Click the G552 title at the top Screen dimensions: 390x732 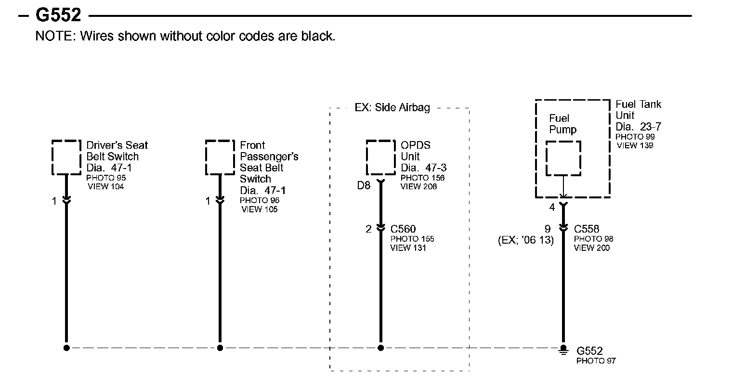pos(58,15)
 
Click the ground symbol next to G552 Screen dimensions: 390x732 pos(562,350)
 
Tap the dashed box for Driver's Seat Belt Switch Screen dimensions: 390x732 pos(66,157)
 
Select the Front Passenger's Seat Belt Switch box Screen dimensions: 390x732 pos(220,157)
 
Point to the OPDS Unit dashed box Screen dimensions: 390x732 pos(381,157)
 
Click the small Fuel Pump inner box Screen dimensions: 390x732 pos(563,158)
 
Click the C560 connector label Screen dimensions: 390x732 pos(403,229)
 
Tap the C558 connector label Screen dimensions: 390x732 pos(587,229)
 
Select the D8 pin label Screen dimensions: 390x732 pos(364,185)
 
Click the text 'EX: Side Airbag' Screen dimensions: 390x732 pos(392,107)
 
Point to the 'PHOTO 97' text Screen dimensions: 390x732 pos(596,361)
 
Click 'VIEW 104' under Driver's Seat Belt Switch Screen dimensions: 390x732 pos(105,187)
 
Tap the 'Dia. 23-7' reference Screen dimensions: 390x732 pos(639,127)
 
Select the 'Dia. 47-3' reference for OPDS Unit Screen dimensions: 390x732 pos(424,168)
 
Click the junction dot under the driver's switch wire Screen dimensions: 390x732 pos(66,348)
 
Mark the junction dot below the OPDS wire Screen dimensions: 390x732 pos(380,348)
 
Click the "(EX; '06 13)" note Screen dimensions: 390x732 pos(525,240)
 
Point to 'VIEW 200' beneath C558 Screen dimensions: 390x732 pos(591,248)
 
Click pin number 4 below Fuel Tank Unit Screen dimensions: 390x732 pos(552,208)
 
